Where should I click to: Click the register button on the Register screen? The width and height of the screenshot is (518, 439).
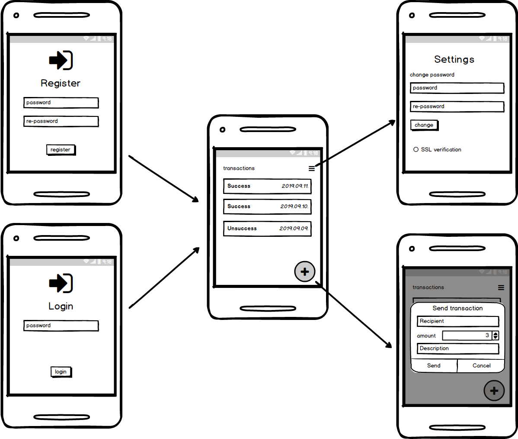pos(61,150)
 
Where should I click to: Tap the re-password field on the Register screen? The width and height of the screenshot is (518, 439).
pos(61,121)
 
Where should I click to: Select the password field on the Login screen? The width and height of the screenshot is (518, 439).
pos(61,326)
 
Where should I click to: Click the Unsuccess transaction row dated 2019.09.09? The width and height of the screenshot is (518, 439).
pos(267,229)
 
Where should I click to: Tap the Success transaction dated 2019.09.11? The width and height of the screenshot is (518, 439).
pos(267,186)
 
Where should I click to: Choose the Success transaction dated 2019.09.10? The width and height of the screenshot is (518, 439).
pos(267,207)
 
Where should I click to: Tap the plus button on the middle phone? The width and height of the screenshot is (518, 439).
pos(305,272)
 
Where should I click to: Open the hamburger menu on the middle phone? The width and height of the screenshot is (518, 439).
pos(312,168)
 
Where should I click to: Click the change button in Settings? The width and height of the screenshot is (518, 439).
pos(424,125)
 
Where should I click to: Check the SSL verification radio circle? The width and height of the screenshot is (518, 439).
pos(416,149)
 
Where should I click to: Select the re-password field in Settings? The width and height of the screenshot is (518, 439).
pos(457,107)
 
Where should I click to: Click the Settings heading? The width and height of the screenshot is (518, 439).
pos(454,59)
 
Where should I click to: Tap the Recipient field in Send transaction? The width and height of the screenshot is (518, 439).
pos(458,321)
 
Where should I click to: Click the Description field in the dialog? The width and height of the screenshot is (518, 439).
pos(458,349)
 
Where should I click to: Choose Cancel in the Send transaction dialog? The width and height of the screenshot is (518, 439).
pos(481,366)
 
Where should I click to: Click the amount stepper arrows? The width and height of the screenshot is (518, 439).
pos(496,336)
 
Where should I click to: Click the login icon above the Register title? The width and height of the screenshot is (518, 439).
pos(61,60)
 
